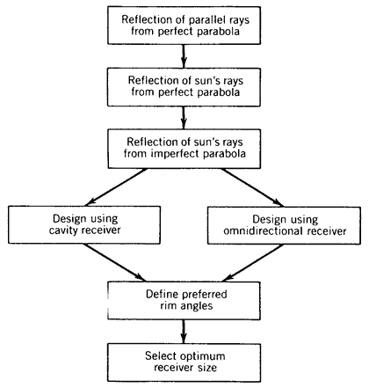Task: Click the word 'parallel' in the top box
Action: point(207,20)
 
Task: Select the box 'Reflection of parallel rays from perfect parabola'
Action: point(184,26)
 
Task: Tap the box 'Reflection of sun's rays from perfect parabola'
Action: point(184,87)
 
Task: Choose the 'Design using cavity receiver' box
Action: point(84,225)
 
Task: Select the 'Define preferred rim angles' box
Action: point(184,301)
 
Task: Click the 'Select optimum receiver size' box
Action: point(184,362)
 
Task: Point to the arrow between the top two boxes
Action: point(184,56)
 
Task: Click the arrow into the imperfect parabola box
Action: point(184,118)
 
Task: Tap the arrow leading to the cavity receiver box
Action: point(116,187)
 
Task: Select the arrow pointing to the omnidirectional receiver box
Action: point(252,187)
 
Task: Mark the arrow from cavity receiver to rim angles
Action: point(114,263)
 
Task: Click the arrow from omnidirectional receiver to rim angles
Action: point(253,263)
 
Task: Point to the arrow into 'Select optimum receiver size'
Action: point(184,332)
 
